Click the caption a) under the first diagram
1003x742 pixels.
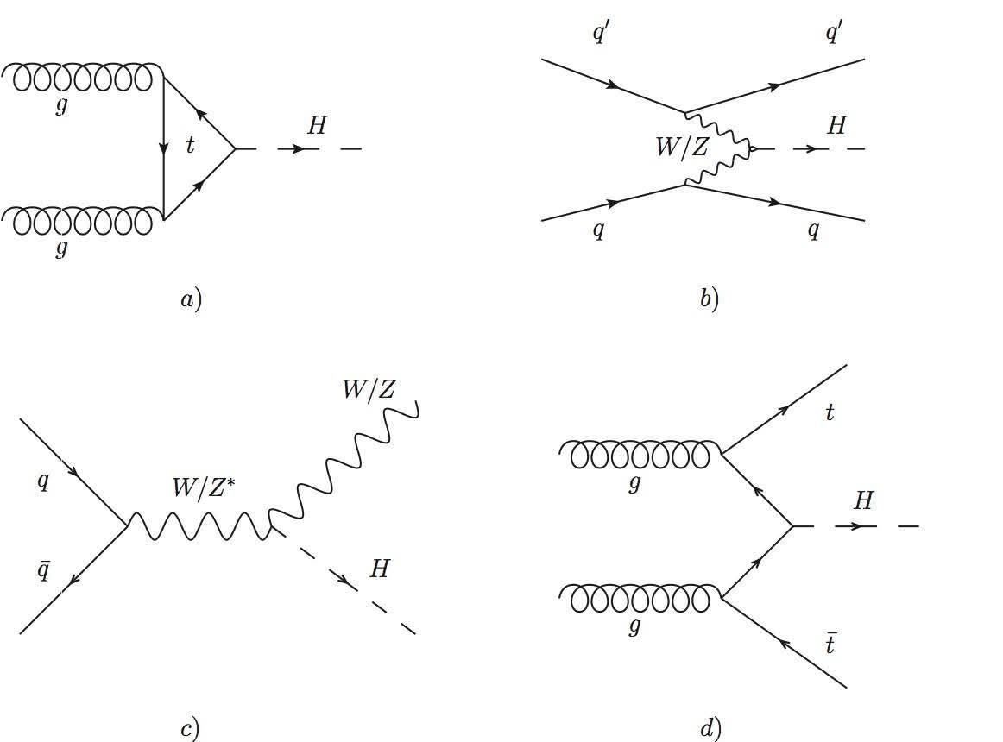click(191, 299)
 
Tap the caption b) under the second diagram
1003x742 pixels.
click(709, 299)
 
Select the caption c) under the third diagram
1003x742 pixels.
click(190, 729)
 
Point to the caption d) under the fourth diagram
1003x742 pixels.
click(710, 729)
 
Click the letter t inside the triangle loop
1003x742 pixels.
click(191, 146)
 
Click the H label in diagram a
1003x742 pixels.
click(317, 126)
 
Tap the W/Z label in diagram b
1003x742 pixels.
click(682, 148)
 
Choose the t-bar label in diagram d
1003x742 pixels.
click(830, 643)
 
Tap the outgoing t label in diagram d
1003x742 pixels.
click(830, 412)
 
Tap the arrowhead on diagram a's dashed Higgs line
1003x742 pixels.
click(297, 149)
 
